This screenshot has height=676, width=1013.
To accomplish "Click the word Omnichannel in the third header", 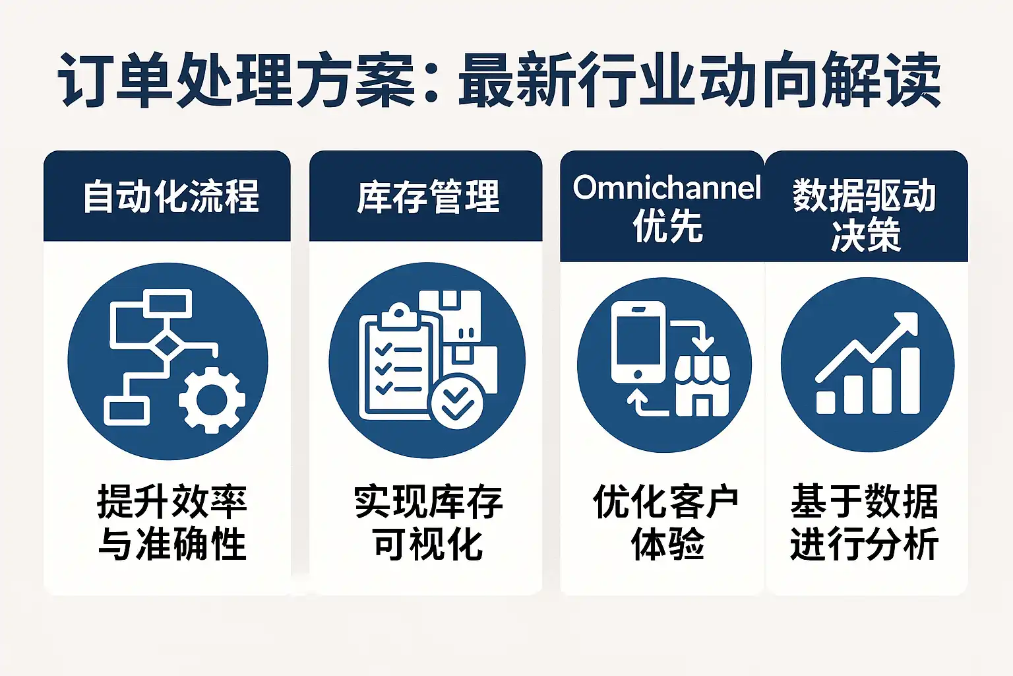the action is coord(667,187).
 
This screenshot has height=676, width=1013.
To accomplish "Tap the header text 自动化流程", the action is coord(171,196).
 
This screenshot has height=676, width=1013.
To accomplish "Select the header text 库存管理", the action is coord(428,196).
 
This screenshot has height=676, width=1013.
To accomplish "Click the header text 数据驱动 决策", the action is coord(864,215).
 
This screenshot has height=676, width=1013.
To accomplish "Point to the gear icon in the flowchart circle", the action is coord(212,400).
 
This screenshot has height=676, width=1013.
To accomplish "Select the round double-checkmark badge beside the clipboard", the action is coord(457,401).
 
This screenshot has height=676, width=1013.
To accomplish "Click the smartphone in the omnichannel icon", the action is coord(638,343).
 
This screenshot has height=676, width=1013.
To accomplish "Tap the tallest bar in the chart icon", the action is coord(910,380).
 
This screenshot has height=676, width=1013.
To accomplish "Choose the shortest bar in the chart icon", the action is coord(826,402).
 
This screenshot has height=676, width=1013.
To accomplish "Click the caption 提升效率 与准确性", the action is coord(172,522).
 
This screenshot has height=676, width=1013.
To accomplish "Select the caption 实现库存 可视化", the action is coord(428,522).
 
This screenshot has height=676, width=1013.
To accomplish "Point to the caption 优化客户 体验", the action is coord(667,522).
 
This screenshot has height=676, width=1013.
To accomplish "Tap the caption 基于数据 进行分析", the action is coord(864,522).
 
